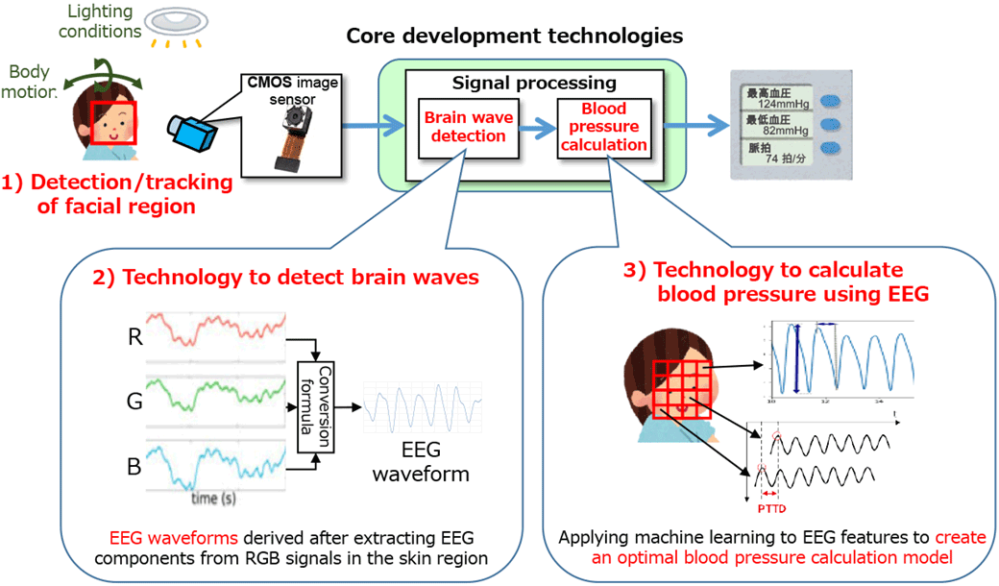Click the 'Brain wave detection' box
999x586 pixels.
[x=469, y=127]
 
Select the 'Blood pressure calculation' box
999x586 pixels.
[x=603, y=127]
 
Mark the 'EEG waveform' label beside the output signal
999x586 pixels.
[x=422, y=464]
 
